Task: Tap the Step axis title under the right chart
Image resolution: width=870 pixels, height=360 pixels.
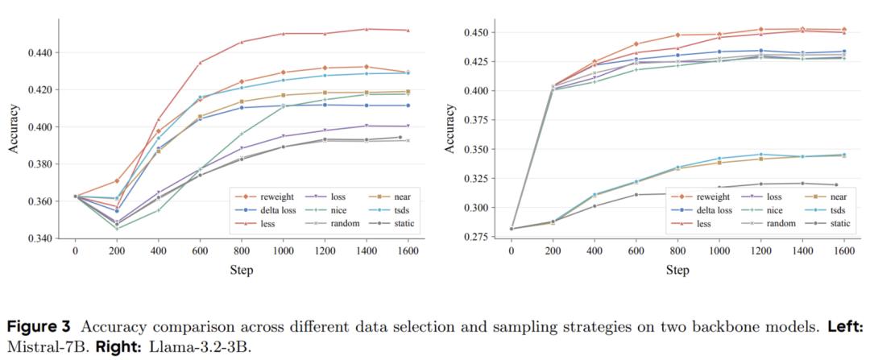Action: (677, 270)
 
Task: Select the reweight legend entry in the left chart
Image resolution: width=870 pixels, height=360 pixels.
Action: (263, 196)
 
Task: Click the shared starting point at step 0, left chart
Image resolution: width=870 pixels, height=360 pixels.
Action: (76, 196)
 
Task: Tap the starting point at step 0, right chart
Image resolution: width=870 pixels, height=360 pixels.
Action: (511, 229)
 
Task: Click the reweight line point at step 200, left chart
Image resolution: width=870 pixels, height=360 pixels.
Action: (117, 180)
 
